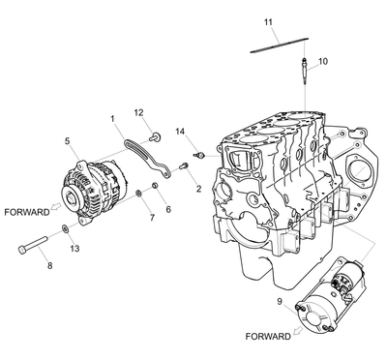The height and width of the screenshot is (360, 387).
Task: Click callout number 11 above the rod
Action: (268, 22)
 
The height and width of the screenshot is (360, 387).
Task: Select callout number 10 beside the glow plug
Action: (323, 61)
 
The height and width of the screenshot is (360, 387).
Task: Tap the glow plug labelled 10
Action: (305, 71)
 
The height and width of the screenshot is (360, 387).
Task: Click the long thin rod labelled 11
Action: (280, 45)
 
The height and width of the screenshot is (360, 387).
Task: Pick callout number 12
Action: (138, 112)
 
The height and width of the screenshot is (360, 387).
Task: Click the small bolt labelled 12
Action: (155, 137)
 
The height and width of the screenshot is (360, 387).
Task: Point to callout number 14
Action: (180, 132)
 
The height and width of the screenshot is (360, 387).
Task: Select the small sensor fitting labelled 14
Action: (199, 156)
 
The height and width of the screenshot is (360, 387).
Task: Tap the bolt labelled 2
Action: (184, 166)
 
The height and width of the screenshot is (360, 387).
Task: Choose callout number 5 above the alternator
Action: (67, 141)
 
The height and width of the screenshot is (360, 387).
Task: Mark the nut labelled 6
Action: (155, 186)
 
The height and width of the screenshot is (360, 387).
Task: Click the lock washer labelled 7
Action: (139, 194)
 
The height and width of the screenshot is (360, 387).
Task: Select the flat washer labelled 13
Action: (65, 229)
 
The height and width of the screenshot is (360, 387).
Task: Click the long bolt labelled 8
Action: (33, 245)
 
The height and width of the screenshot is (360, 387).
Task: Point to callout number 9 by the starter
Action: (280, 301)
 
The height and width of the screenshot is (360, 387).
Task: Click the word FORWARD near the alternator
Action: (27, 212)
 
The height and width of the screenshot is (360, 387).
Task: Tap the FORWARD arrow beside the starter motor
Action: (298, 330)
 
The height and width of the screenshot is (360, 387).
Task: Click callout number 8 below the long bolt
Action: (49, 266)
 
